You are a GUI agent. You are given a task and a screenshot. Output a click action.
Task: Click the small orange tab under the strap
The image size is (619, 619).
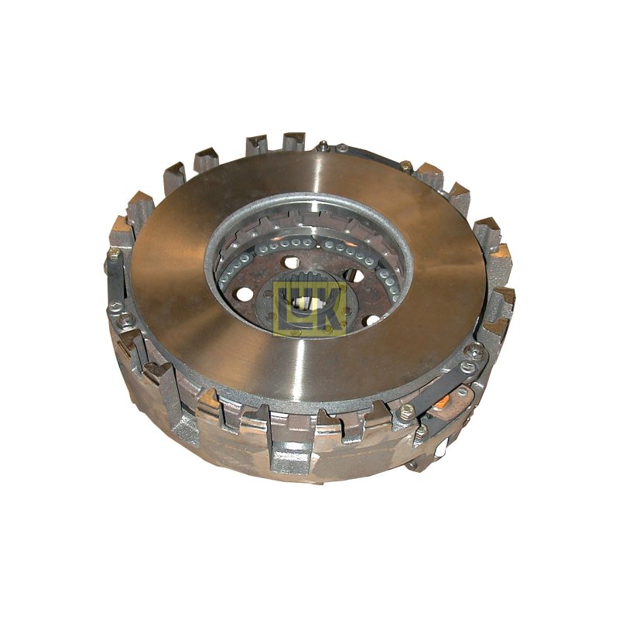(x=443, y=402)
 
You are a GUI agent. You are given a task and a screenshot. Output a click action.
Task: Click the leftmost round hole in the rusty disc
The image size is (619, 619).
(x=245, y=293)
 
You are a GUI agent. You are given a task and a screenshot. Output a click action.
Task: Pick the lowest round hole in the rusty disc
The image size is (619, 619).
(x=373, y=320)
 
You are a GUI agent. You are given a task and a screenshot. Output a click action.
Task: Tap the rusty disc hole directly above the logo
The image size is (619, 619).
(x=292, y=262)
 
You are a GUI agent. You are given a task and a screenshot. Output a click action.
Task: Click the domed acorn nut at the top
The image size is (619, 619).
(x=323, y=145)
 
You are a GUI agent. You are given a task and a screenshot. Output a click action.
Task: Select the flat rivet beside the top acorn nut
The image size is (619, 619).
(x=342, y=149)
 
